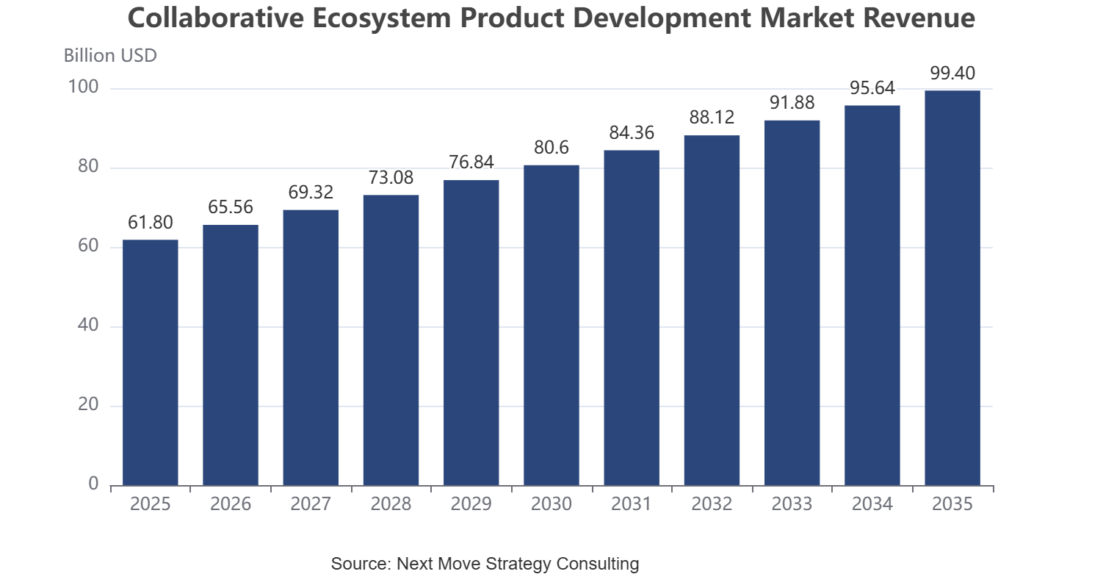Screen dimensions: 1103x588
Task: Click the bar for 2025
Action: coord(151,363)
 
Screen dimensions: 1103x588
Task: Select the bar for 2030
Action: coord(551,326)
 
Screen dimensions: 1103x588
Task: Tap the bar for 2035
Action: coord(952,288)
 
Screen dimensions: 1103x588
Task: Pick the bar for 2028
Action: coord(391,340)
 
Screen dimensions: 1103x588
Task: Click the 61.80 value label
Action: coord(151,222)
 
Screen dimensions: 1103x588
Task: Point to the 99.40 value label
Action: coord(952,73)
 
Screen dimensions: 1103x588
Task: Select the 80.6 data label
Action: coord(551,148)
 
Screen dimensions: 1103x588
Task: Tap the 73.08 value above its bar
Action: coord(391,177)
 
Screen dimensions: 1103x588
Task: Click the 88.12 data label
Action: coord(712,118)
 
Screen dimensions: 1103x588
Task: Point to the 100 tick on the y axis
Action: coord(83,87)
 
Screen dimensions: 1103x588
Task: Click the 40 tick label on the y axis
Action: coord(88,325)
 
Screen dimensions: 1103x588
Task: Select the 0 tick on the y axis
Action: coord(93,484)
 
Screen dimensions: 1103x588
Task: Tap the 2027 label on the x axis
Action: coord(311,503)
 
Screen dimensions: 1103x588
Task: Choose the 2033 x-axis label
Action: coord(792,503)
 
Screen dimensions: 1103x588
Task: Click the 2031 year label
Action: coord(632,503)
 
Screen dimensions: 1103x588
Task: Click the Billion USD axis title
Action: coord(110,56)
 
